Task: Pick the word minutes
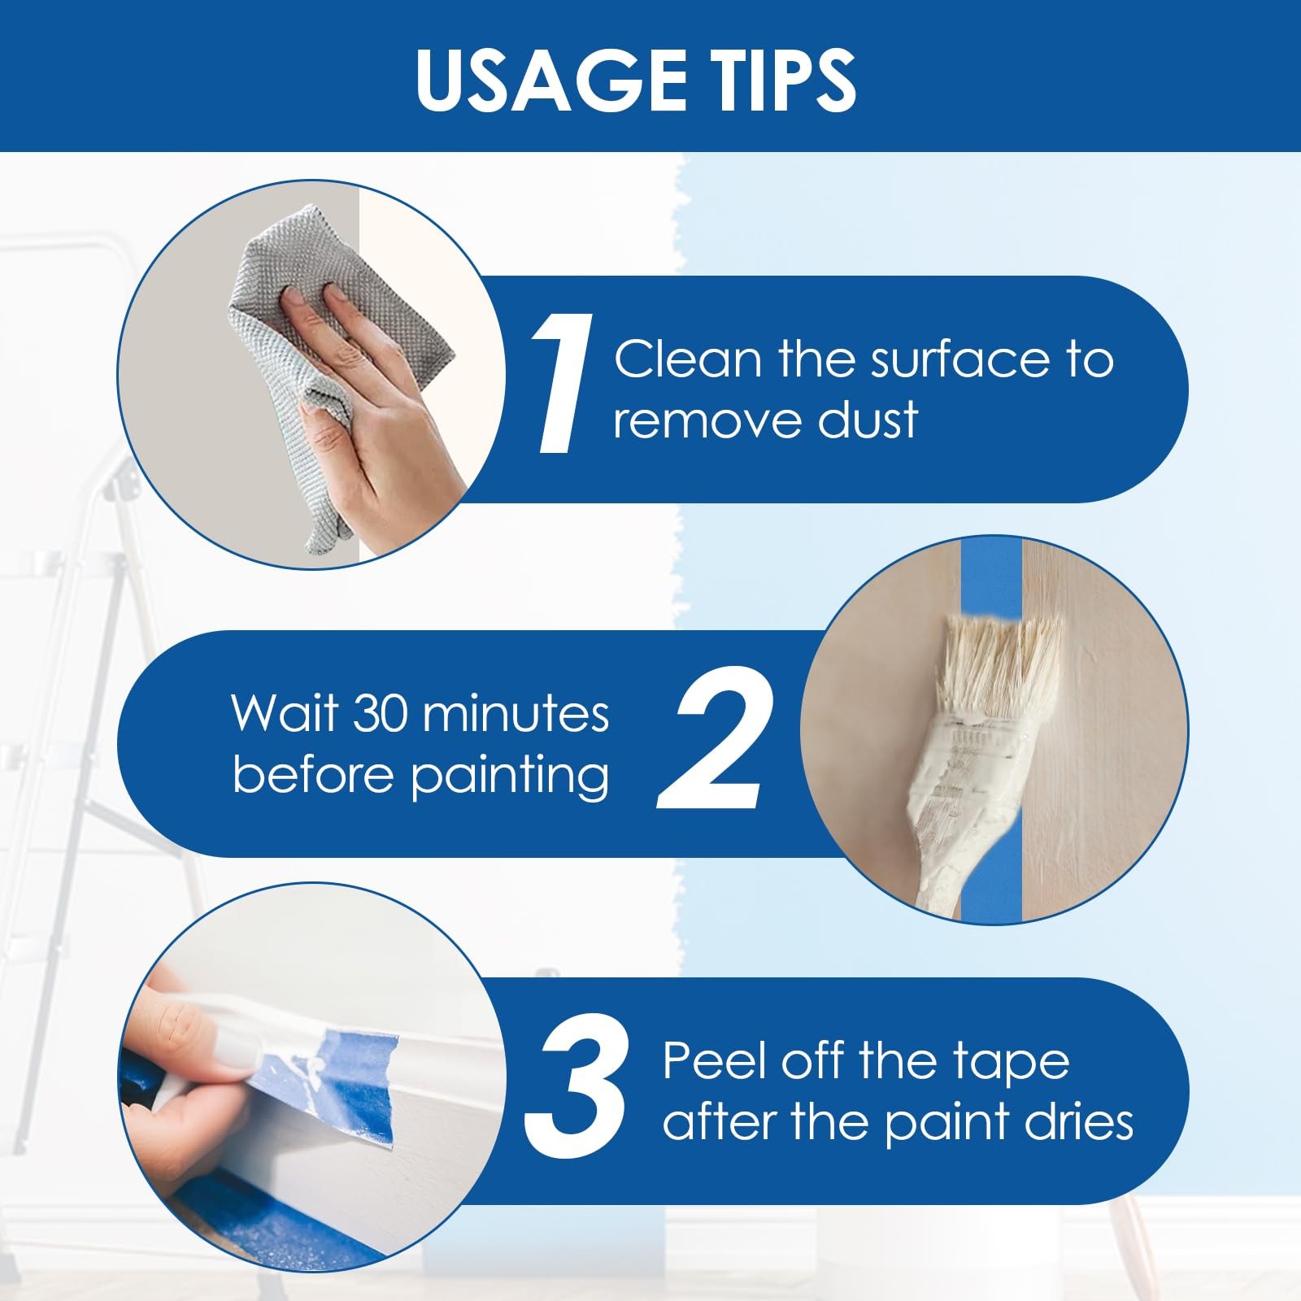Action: (x=516, y=713)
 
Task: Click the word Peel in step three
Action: (x=715, y=1061)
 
